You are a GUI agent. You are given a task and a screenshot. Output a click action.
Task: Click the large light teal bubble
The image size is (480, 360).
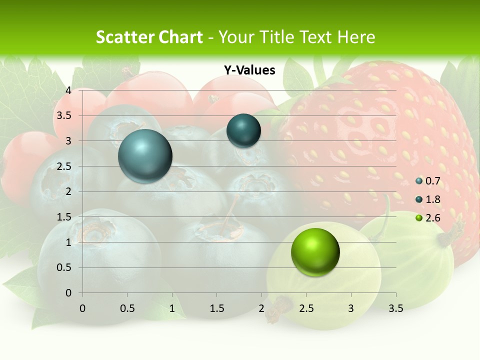point(145,156)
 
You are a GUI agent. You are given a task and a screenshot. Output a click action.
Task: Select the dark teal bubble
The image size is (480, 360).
point(243,131)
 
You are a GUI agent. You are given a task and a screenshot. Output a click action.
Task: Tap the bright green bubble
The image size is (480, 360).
point(315,252)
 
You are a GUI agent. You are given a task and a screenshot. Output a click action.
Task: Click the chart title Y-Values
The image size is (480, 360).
point(249,70)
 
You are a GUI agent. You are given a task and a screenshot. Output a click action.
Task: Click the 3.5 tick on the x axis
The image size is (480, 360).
point(395,308)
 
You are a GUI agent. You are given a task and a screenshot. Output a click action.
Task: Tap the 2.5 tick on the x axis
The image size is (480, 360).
point(306,308)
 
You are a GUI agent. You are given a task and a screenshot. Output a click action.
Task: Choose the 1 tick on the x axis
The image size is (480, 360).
point(172,308)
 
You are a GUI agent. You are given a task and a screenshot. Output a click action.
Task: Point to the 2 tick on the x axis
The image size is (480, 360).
point(261,308)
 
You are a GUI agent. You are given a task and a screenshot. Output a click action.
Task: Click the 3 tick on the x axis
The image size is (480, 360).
point(351,308)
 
